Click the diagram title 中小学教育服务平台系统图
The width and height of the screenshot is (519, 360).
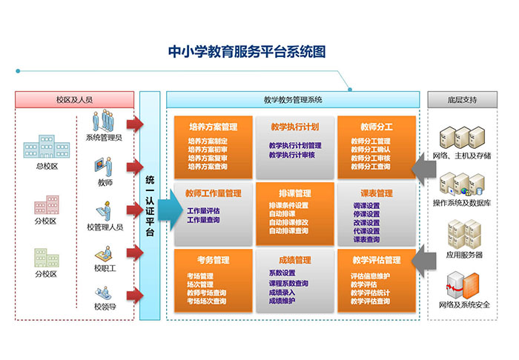[x=247, y=52]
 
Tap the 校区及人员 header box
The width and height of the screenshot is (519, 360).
[x=74, y=99]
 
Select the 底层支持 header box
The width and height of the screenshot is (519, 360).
[x=463, y=99]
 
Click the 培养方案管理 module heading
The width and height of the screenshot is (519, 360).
[x=213, y=127]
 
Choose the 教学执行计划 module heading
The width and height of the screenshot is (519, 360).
[x=294, y=127]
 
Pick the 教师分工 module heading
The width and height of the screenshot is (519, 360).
[x=376, y=127]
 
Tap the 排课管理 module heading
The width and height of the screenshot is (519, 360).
[x=294, y=193]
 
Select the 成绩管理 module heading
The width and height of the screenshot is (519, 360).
[x=294, y=260]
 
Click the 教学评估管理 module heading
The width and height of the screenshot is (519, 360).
[x=376, y=260]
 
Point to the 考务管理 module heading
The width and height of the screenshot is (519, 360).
[x=213, y=260]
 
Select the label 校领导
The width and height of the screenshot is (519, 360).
[x=105, y=307]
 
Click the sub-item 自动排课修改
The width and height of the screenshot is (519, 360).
[x=288, y=222]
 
